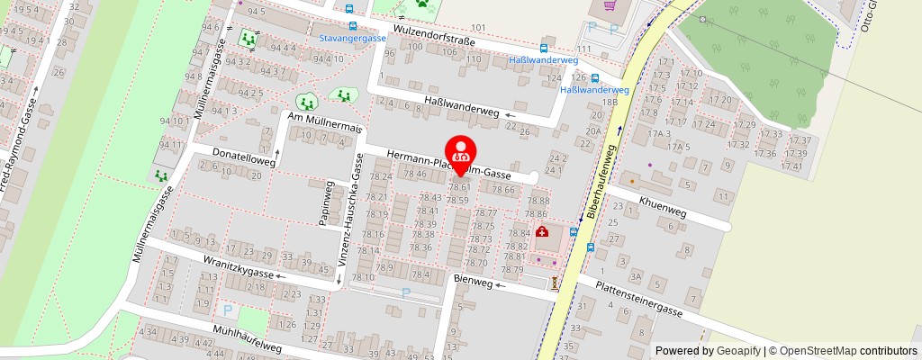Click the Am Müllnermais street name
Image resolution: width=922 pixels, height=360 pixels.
tap(324, 123)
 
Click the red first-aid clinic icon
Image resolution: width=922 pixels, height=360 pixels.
tap(543, 232)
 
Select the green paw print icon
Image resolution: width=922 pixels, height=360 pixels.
tap(420, 4)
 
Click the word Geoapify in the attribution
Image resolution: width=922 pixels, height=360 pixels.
tap(737, 351)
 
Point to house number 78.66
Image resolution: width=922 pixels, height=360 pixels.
tap(504, 190)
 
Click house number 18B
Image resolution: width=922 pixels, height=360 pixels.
tap(612, 103)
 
